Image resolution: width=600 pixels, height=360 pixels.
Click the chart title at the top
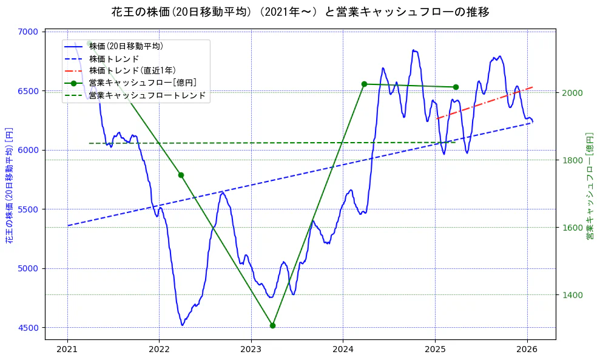[300, 12]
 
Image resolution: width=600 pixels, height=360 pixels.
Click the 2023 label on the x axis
[251, 349]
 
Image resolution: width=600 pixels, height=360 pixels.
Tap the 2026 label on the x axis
[527, 349]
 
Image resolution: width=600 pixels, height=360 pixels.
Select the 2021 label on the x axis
[67, 349]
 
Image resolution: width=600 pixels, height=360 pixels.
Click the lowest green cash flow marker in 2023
[272, 325]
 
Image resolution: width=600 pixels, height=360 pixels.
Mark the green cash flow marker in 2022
[181, 175]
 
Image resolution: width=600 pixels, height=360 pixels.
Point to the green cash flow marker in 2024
[364, 84]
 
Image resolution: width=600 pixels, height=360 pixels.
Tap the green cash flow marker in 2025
[456, 87]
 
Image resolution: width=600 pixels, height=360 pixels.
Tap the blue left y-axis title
[9, 185]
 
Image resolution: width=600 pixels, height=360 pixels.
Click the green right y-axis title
[589, 185]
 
